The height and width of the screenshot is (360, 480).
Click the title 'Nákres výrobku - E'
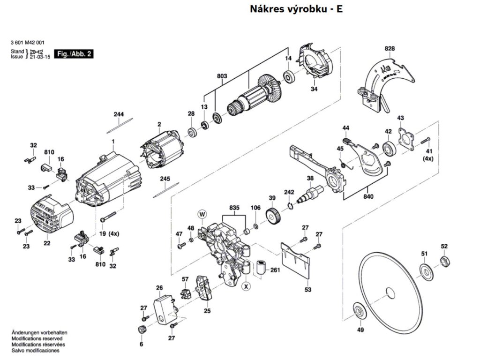296,8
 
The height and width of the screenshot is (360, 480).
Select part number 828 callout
390,48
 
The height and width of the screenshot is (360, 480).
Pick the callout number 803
222,75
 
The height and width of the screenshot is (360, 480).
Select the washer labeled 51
426,270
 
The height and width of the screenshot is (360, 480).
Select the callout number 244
119,114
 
